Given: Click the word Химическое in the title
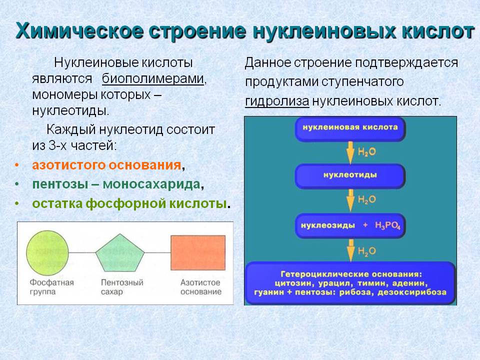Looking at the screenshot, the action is tap(79, 31).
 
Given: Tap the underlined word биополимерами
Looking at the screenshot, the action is tap(153, 78).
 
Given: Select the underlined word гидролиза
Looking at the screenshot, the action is tap(277, 101).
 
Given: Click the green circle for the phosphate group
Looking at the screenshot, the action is tap(47, 253).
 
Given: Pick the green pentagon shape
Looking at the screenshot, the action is tap(119, 253).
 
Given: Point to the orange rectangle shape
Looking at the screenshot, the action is tap(198, 252).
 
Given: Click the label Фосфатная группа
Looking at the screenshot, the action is tap(51, 287).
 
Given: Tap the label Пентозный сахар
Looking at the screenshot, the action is tap(122, 287).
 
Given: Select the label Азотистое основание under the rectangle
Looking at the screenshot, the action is tap(201, 287).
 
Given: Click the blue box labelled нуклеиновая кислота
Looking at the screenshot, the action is tap(350, 129).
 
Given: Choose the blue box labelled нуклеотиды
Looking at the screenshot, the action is tap(350, 176).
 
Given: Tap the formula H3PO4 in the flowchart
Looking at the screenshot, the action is tap(387, 226).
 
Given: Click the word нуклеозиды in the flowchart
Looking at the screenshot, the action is tap(328, 225).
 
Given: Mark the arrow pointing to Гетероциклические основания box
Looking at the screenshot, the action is tap(351, 250).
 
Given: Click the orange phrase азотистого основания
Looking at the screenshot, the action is tap(106, 165).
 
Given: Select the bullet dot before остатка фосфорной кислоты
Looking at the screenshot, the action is tap(17, 203).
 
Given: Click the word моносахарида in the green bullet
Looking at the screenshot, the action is tap(151, 184).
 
